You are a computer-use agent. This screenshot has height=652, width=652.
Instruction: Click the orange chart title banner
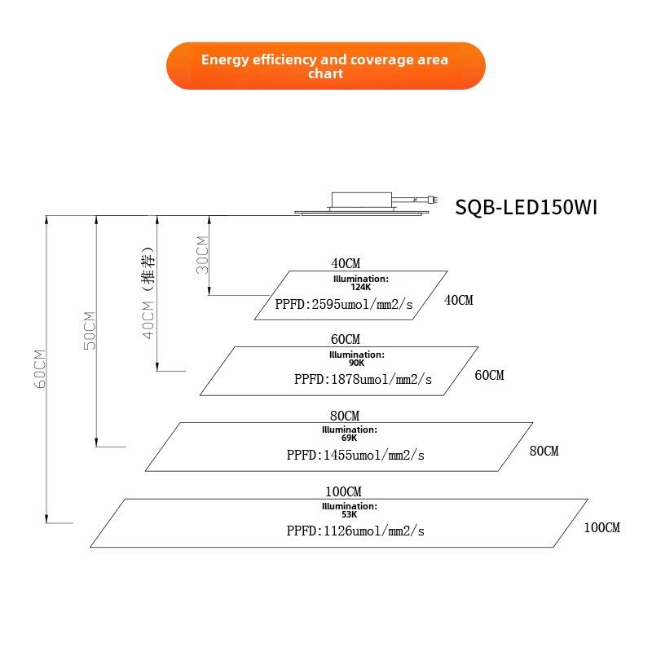pyautogui.click(x=325, y=66)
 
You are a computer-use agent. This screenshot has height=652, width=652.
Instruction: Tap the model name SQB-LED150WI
pyautogui.click(x=526, y=207)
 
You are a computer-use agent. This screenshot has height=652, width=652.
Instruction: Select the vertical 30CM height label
pyautogui.click(x=202, y=255)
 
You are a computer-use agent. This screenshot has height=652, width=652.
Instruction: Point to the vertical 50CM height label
pyautogui.click(x=90, y=331)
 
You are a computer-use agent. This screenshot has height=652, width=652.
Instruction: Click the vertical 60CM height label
pyautogui.click(x=39, y=369)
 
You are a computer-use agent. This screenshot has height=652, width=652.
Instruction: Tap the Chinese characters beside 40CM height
pyautogui.click(x=148, y=268)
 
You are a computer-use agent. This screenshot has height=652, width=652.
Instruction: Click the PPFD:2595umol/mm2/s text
pyautogui.click(x=344, y=304)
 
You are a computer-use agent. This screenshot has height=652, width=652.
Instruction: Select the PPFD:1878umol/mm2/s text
pyautogui.click(x=363, y=379)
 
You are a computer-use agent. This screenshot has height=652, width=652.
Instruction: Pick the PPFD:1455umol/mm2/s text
pyautogui.click(x=355, y=455)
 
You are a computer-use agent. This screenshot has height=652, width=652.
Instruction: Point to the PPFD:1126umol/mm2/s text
pyautogui.click(x=355, y=531)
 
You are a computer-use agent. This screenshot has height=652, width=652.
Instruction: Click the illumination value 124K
pyautogui.click(x=360, y=287)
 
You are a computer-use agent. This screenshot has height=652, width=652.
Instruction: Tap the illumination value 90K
pyautogui.click(x=357, y=363)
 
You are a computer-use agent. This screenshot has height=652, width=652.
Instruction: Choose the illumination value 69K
pyautogui.click(x=350, y=438)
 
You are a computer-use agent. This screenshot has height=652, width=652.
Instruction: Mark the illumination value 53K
pyautogui.click(x=350, y=514)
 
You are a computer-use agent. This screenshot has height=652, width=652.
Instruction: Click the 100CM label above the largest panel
pyautogui.click(x=343, y=491)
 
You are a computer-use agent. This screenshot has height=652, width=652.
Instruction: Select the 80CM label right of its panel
pyautogui.click(x=544, y=451)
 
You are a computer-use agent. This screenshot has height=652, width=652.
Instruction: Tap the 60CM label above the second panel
pyautogui.click(x=346, y=339)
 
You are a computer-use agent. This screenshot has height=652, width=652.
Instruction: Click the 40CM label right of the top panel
pyautogui.click(x=458, y=300)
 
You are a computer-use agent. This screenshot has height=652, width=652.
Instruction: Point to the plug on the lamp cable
pyautogui.click(x=434, y=200)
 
